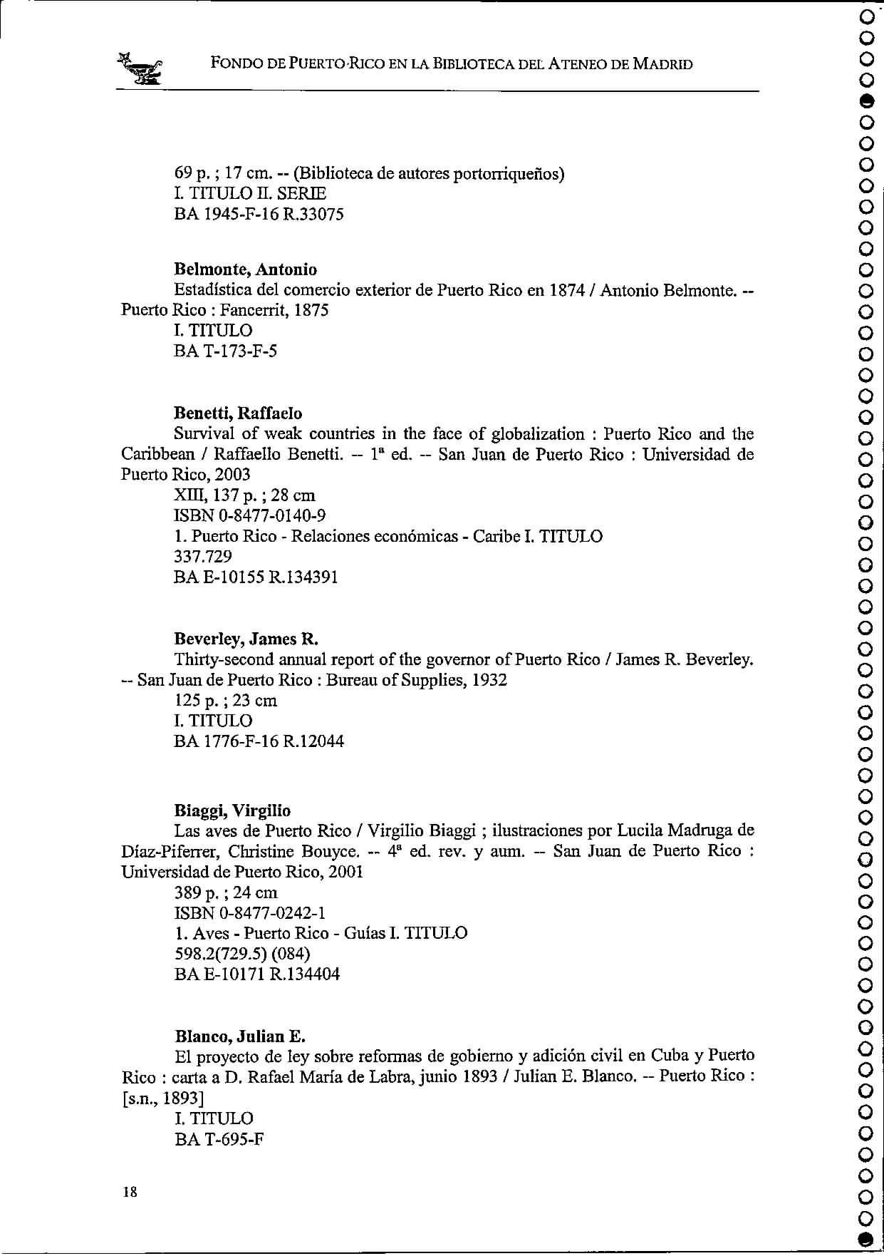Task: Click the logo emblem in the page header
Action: pyautogui.click(x=141, y=68)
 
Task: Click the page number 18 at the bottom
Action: pyautogui.click(x=130, y=1191)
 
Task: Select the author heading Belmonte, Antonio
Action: pyautogui.click(x=246, y=269)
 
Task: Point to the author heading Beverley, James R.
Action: pyautogui.click(x=246, y=639)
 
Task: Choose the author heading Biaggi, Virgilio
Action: pyautogui.click(x=232, y=810)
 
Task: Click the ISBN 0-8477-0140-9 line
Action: pyautogui.click(x=250, y=515)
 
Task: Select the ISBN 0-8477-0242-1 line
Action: pyautogui.click(x=250, y=913)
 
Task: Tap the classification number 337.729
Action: pyautogui.click(x=203, y=557)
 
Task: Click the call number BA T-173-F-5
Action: pyautogui.click(x=225, y=351)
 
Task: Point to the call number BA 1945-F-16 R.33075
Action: pyautogui.click(x=259, y=214)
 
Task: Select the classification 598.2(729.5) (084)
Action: pyautogui.click(x=242, y=954)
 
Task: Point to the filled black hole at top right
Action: pyautogui.click(x=866, y=99)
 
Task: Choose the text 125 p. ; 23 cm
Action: pyautogui.click(x=226, y=701)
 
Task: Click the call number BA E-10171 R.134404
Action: pyautogui.click(x=257, y=974)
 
